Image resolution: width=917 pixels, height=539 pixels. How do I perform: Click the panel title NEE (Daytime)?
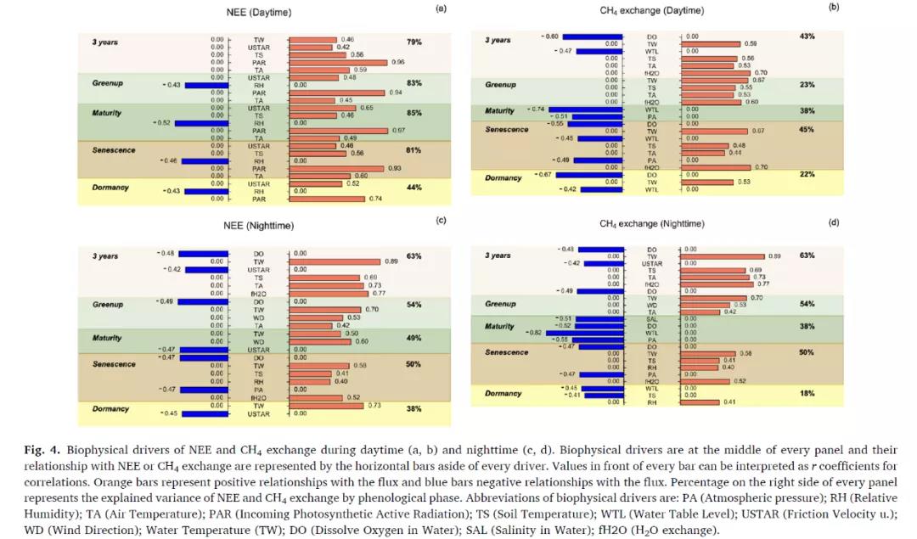point(260,13)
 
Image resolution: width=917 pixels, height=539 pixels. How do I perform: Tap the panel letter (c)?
point(441,221)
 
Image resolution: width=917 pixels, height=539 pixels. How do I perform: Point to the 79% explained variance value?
point(414,42)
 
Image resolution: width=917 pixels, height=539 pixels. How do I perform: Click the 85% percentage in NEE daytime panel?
point(414,113)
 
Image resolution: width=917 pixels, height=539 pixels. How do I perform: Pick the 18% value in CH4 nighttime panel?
point(807,394)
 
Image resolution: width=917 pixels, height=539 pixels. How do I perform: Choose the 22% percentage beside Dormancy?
point(807,175)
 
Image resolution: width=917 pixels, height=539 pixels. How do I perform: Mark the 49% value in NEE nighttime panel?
point(414,338)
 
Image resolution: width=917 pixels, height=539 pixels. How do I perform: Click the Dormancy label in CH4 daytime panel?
point(503,178)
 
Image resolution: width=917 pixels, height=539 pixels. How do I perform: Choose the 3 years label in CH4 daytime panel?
point(498,40)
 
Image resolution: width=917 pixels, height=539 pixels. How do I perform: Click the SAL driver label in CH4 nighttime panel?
point(652,318)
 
